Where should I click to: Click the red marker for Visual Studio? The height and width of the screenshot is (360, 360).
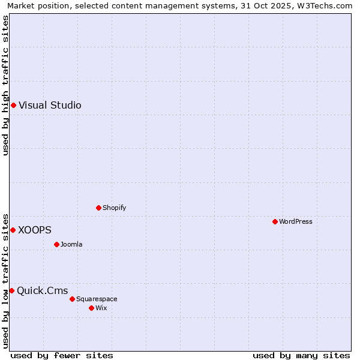13,106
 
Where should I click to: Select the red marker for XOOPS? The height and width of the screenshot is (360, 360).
13,230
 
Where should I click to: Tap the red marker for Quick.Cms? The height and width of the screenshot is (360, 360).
11,290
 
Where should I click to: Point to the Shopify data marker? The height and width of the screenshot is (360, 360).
99,208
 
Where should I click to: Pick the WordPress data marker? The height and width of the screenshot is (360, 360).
275,221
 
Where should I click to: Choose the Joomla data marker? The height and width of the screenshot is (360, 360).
56,244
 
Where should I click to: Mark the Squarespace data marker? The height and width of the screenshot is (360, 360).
72,299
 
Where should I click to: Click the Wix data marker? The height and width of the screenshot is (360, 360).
91,308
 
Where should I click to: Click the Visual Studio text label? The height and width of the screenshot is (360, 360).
50,106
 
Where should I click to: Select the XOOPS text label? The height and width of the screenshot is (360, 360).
35,230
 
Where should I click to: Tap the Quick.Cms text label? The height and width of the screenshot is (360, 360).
42,291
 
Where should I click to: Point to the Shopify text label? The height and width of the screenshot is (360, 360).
114,208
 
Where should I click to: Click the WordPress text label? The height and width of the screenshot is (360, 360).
295,222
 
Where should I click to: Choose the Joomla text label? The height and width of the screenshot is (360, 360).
71,245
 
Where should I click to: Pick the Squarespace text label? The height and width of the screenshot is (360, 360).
97,299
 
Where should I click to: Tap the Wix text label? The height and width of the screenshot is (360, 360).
101,308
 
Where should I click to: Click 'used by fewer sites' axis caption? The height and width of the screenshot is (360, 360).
62,356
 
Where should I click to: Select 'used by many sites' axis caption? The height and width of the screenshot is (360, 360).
301,356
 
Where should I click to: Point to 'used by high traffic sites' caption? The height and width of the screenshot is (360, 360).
6,85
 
